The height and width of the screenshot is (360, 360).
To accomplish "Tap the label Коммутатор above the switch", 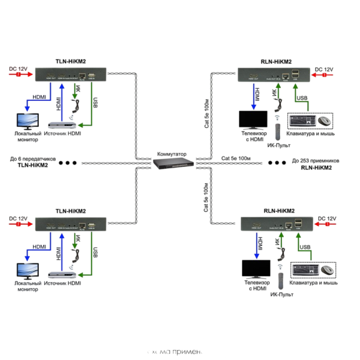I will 172,153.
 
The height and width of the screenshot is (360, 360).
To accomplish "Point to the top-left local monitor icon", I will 27,122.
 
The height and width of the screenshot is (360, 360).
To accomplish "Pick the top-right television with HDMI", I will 253,120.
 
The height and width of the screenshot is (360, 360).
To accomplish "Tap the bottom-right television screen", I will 256,269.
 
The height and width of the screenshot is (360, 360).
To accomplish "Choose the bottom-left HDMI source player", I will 63,275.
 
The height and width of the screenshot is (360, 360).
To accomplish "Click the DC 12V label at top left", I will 18,69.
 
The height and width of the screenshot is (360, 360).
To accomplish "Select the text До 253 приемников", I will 315,161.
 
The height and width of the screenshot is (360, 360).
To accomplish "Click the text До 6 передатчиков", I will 33,158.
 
